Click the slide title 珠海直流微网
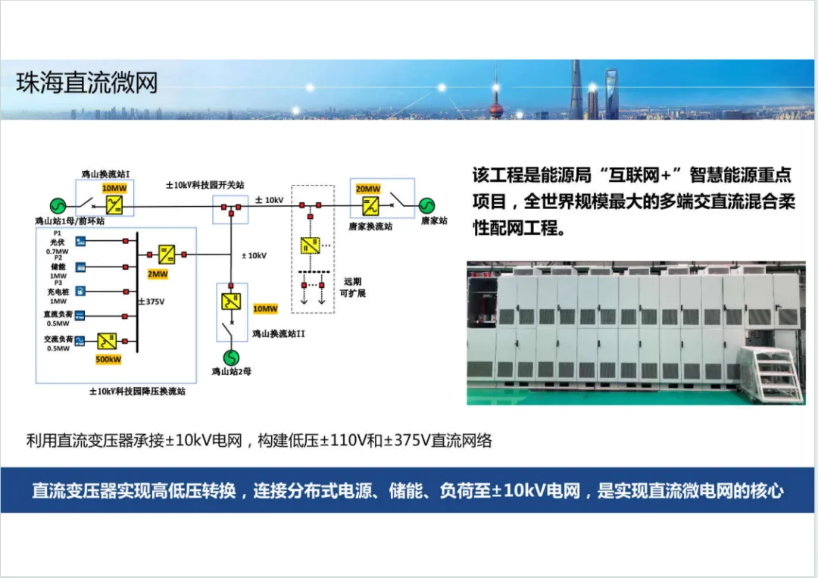coord(87,83)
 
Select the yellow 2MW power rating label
coord(158,273)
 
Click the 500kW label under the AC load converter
coord(108,358)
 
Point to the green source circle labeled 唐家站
coord(426,205)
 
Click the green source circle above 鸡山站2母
coord(230,356)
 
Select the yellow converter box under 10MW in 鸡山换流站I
coord(114,204)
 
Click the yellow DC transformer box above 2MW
coord(166,254)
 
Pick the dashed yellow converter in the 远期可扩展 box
coord(310,245)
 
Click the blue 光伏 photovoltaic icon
coord(81,241)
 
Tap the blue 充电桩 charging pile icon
coord(81,291)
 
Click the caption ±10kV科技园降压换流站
coord(137,392)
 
